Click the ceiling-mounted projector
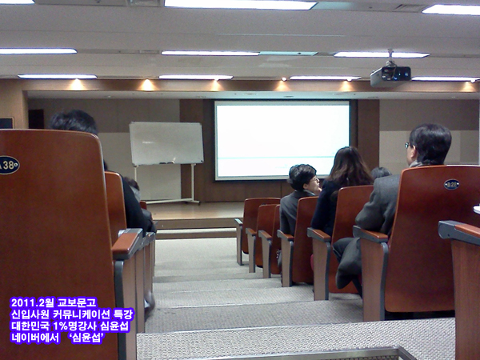[390, 76]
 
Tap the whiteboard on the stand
[166, 143]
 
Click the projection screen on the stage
[282, 140]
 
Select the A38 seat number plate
[9, 166]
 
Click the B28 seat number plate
[451, 184]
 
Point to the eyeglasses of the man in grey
[408, 146]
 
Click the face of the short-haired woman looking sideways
[314, 182]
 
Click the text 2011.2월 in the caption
[32, 302]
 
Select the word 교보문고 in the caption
[77, 302]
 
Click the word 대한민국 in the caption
[30, 326]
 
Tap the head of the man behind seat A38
[73, 122]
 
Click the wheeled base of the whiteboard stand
[172, 202]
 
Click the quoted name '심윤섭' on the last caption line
[87, 338]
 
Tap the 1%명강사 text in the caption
[74, 326]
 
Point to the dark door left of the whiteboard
[36, 119]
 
